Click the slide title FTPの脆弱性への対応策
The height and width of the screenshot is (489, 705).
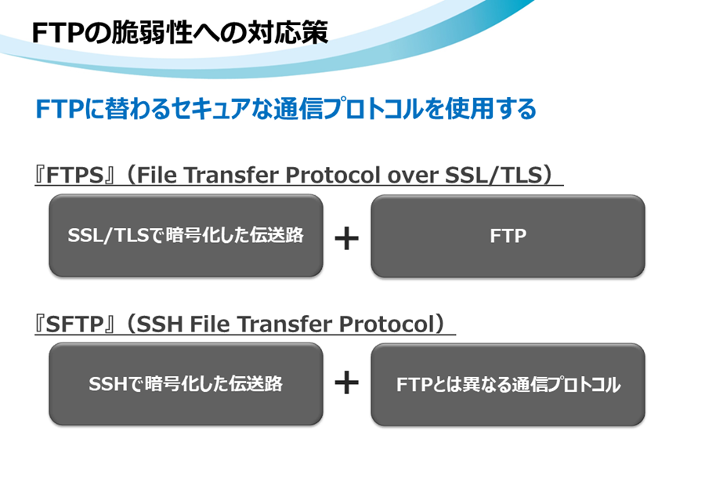point(180,32)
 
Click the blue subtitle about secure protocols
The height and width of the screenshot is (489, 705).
point(286,109)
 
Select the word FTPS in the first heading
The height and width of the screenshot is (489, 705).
point(75,175)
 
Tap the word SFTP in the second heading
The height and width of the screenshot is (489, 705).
point(75,324)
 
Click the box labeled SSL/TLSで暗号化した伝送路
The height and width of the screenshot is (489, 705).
point(186,236)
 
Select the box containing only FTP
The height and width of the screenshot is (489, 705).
point(508,236)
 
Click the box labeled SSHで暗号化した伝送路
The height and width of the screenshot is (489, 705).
point(186,384)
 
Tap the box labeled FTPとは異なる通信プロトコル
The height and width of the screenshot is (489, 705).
point(508,385)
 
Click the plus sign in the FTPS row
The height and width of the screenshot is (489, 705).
point(347,238)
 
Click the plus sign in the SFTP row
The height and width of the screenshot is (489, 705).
point(347,383)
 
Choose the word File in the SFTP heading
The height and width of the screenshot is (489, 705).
point(209,324)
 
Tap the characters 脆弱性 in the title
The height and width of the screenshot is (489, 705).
point(151,32)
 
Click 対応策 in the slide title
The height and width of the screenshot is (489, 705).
point(287,32)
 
